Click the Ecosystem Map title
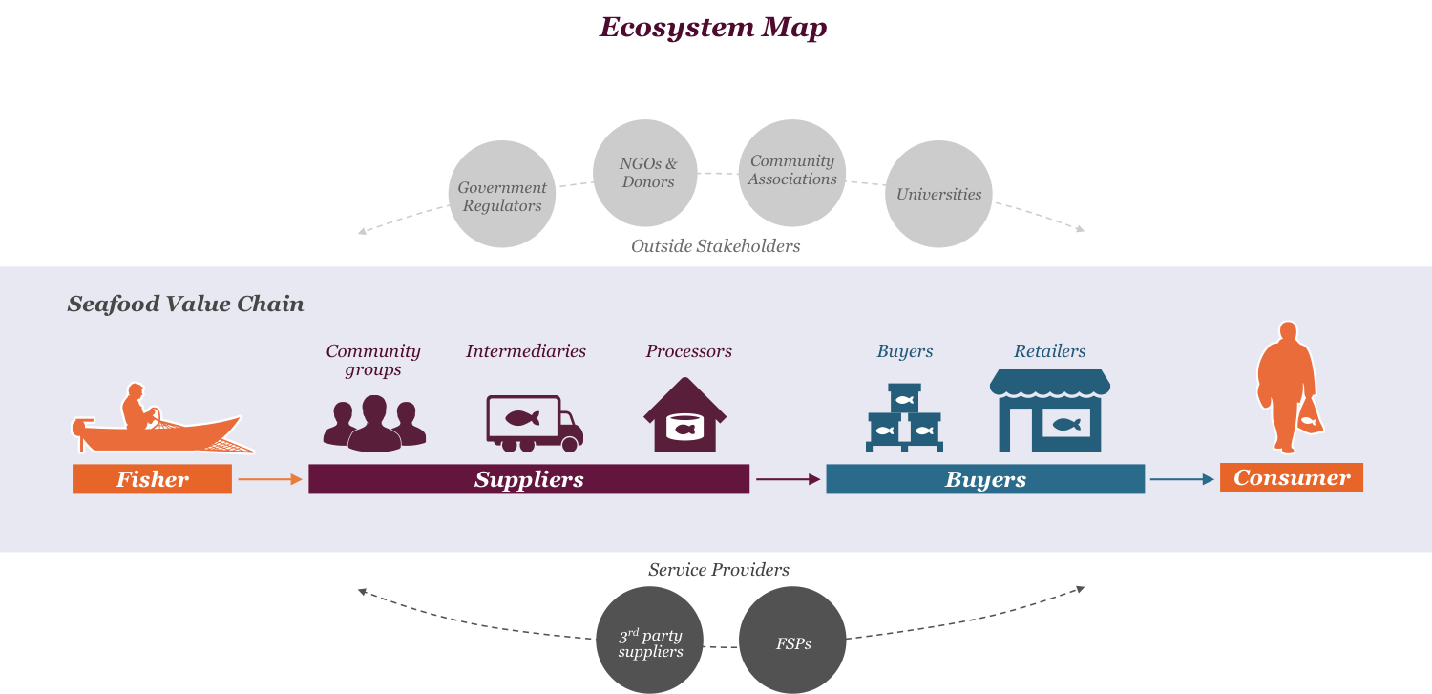[712, 28]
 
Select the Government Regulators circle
[501, 196]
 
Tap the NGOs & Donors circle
[646, 173]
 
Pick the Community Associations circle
[791, 171]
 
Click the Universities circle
[938, 194]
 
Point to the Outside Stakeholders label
[715, 246]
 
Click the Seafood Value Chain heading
[185, 305]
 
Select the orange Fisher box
[152, 479]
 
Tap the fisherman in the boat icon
[158, 420]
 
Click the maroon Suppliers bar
[529, 479]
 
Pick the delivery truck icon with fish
[534, 423]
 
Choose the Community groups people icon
[374, 423]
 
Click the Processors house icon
[684, 416]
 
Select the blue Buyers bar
[984, 479]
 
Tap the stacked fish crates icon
[904, 419]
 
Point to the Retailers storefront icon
[1049, 411]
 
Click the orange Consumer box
[1291, 477]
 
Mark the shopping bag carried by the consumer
[1310, 416]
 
